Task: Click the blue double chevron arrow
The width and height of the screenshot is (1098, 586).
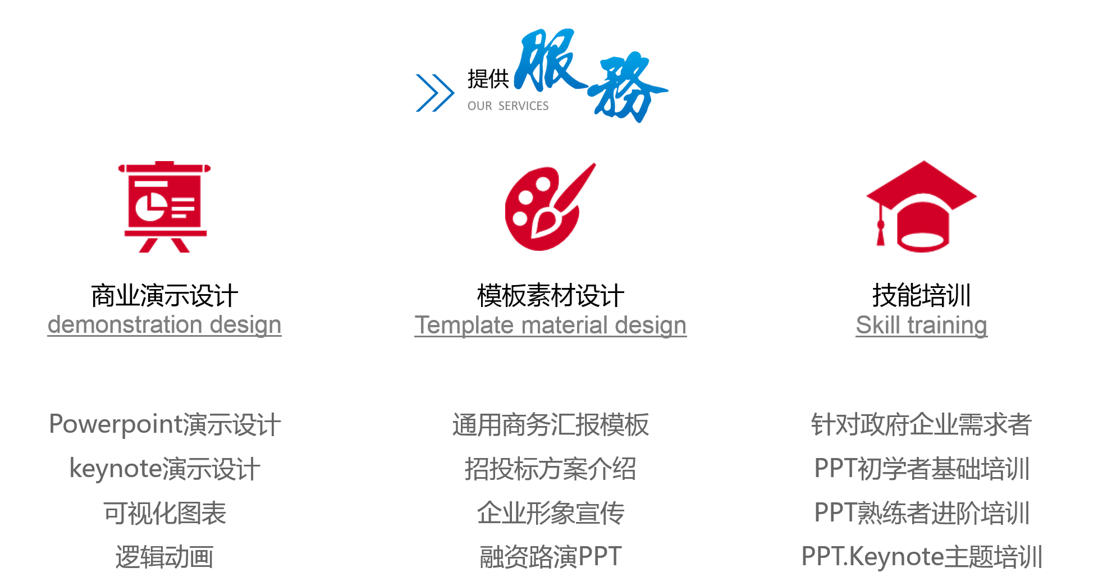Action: [435, 93]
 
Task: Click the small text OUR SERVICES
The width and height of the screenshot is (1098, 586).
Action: [508, 106]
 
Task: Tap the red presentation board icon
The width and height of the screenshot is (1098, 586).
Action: [164, 207]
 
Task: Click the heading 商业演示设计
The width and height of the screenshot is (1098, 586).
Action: [164, 295]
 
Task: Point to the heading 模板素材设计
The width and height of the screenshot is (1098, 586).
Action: [550, 295]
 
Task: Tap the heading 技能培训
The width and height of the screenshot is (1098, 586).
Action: [921, 295]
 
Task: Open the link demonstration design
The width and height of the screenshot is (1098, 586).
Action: [164, 325]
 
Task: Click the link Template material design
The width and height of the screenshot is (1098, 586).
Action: [550, 325]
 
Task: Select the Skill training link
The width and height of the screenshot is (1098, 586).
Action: [921, 325]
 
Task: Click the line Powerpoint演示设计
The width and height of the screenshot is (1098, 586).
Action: [164, 424]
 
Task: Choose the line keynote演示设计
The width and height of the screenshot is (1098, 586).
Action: [164, 469]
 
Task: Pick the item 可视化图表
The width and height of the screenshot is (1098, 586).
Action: [164, 513]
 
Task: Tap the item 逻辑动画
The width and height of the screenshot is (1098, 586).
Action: [164, 557]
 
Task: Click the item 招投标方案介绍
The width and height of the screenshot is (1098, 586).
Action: [550, 469]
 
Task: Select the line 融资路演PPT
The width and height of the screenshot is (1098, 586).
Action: [550, 557]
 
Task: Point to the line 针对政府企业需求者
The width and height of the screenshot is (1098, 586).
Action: [921, 424]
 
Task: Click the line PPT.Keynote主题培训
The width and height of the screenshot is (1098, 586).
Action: [921, 557]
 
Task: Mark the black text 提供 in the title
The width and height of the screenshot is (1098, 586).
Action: [488, 79]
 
